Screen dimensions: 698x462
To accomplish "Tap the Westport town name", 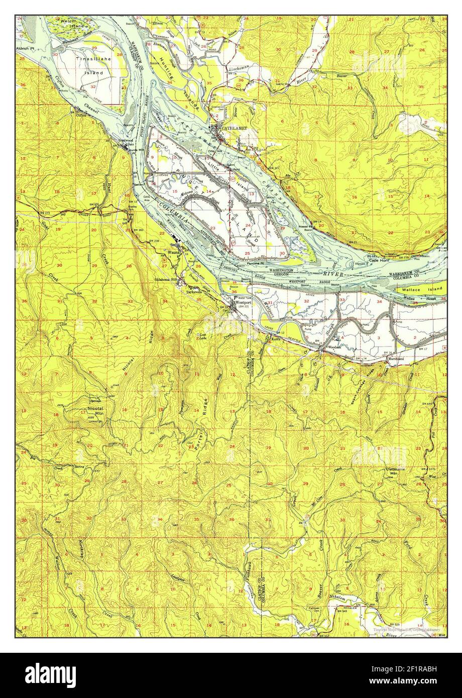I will pos(246,303).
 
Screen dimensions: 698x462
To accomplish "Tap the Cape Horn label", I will pos(380,260).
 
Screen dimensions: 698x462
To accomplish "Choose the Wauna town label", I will pos(173,253).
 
